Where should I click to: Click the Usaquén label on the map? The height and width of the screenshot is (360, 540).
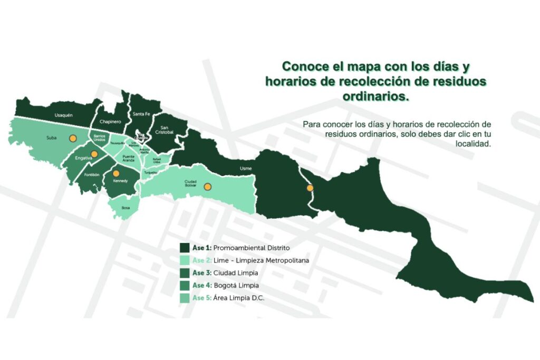coord(63,115)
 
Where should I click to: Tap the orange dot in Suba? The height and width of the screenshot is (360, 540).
coord(73,138)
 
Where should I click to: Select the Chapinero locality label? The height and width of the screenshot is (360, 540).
coord(110,122)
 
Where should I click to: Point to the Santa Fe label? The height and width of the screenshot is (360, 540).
coord(142,114)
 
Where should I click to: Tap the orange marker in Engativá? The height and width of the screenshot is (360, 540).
coord(94,154)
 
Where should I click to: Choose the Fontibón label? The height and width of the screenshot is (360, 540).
coord(92,174)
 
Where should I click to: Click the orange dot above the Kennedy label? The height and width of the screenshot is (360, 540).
coord(116,173)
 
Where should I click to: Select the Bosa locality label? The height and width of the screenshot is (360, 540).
coord(126,208)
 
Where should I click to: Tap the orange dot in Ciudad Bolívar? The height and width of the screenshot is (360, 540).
coord(208,187)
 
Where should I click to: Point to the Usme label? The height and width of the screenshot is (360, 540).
coord(246,169)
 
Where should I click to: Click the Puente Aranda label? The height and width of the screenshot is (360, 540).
coord(129,158)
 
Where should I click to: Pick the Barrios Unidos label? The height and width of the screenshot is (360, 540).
coord(100,138)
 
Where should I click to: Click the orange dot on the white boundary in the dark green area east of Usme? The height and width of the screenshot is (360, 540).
coord(310,188)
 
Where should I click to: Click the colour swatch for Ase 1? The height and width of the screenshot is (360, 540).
coord(185,248)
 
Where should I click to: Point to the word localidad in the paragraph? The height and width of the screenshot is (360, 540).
coord(473,143)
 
